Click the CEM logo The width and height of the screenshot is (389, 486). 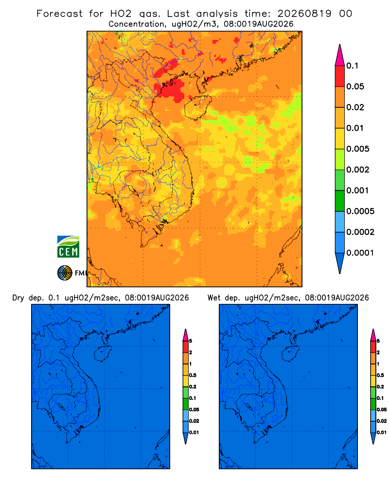(x=68, y=246)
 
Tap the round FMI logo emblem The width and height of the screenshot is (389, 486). (x=65, y=273)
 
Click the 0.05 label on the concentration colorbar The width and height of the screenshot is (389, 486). (x=355, y=87)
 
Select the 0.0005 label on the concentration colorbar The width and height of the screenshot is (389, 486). (x=360, y=211)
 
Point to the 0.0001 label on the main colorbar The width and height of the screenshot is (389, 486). (x=360, y=253)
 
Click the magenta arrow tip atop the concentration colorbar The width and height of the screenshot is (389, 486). (x=340, y=55)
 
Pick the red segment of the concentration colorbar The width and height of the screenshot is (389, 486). (x=340, y=76)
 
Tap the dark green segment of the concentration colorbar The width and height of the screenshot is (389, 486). (x=340, y=201)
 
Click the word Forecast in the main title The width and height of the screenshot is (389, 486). (x=59, y=14)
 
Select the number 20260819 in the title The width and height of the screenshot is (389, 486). (x=304, y=14)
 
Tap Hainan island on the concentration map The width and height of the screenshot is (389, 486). (x=197, y=107)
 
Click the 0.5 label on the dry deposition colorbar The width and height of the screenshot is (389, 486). (x=193, y=375)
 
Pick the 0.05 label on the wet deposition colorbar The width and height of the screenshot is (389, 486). (x=382, y=409)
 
